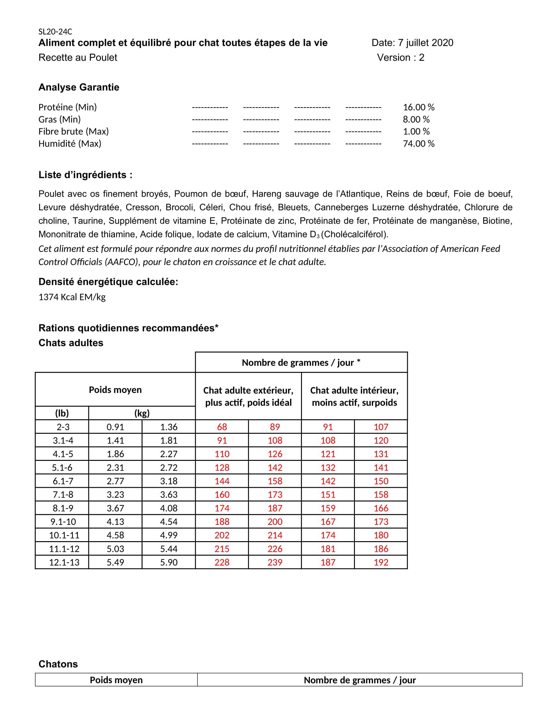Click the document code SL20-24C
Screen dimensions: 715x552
coord(55,32)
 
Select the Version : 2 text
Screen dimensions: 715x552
coord(401,57)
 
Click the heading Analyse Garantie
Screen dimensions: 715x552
coord(79,87)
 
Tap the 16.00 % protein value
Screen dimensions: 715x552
coord(419,107)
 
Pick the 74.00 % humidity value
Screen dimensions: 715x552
coord(419,143)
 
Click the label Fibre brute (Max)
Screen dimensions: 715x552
coord(74,131)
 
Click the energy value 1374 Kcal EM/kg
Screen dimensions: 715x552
coord(72,297)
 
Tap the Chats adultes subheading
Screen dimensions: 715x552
coord(71,343)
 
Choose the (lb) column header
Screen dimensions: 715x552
coord(62,413)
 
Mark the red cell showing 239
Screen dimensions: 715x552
coord(275,562)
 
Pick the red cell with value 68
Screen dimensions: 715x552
coord(222,427)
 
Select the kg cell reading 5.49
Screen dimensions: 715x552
coord(115,562)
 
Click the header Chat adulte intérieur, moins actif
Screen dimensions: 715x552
coord(354,396)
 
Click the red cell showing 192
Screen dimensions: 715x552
coord(381,562)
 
